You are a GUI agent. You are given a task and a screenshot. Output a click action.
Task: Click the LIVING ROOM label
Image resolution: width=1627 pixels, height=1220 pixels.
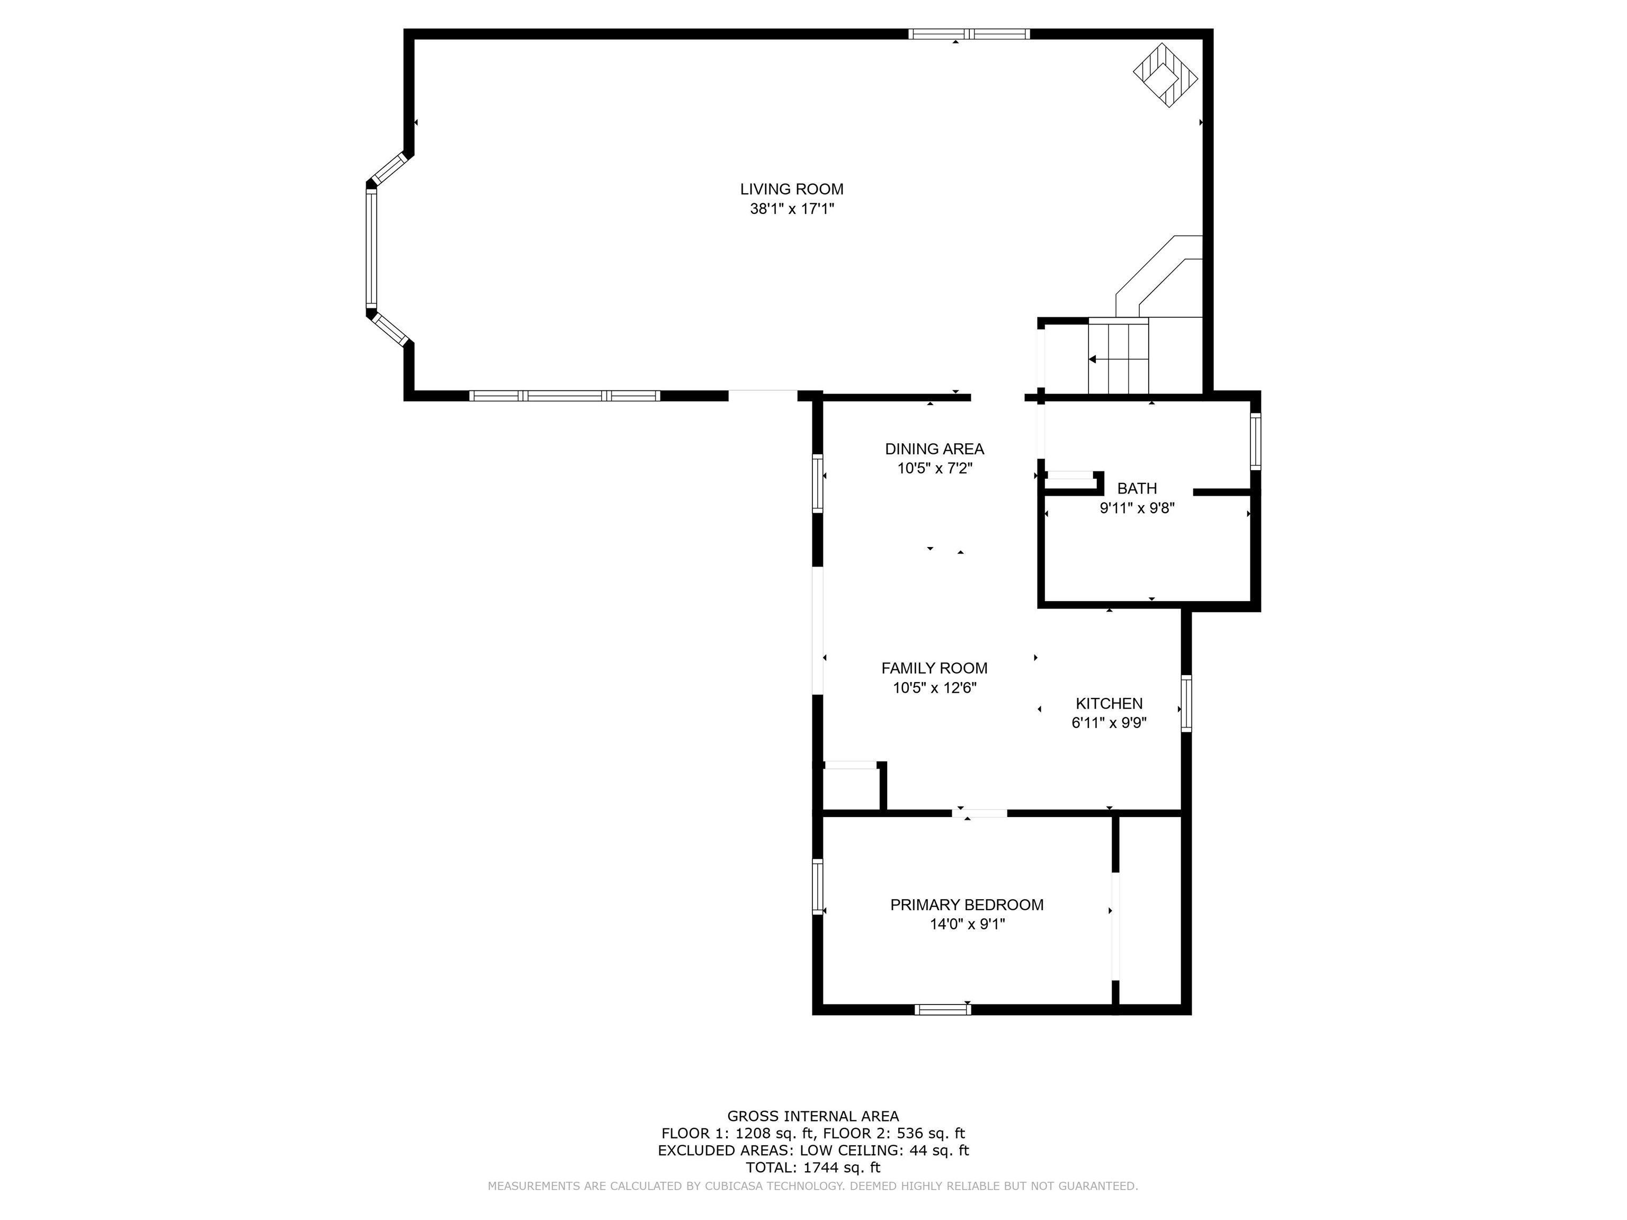(791, 189)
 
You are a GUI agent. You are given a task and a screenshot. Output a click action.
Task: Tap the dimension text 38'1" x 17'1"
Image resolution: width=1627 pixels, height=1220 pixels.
(791, 209)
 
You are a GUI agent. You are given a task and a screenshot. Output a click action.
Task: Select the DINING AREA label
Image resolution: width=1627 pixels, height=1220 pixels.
(934, 448)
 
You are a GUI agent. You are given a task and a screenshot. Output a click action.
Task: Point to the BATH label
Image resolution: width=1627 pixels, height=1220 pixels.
(1137, 488)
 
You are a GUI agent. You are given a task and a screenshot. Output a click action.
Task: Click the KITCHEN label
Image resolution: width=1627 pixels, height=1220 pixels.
(1108, 703)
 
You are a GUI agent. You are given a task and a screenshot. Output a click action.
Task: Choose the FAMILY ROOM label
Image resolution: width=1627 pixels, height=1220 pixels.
(934, 668)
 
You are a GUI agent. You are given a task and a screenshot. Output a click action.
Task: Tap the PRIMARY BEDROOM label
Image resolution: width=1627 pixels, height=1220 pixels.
(967, 904)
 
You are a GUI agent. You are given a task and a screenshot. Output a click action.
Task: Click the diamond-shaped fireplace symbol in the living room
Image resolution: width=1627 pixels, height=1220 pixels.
(1165, 75)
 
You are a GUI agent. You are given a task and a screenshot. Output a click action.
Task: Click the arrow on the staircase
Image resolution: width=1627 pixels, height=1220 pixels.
(1094, 359)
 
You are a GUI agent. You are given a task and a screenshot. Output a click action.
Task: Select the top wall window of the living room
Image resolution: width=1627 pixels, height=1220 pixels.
(969, 33)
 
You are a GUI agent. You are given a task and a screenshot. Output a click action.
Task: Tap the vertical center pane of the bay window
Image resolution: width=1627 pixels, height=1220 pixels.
(371, 248)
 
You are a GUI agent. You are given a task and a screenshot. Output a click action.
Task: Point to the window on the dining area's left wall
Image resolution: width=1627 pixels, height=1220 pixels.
(817, 483)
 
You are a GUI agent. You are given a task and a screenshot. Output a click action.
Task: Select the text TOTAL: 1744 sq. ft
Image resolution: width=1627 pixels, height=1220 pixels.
(813, 1167)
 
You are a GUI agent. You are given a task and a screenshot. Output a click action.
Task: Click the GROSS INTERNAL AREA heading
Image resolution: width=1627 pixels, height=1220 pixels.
(813, 1116)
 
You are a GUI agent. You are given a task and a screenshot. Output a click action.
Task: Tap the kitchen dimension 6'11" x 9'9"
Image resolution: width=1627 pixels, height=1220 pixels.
(1108, 723)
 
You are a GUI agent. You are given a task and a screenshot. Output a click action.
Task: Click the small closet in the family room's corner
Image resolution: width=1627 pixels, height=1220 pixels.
(851, 789)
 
